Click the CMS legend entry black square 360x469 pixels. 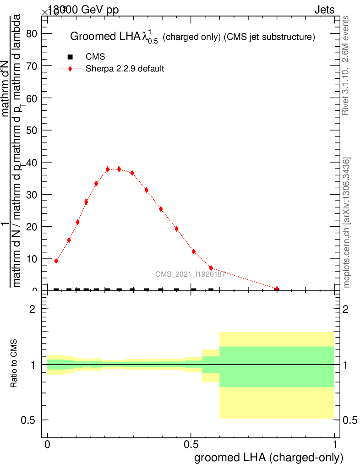tap(70, 57)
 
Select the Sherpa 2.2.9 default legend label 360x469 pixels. tap(125, 69)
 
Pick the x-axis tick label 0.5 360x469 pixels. tap(191, 445)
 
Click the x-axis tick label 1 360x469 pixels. tap(335, 445)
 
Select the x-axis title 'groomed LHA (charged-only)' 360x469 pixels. tap(269, 458)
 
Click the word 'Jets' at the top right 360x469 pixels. tap(324, 10)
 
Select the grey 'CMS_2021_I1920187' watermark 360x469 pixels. tap(189, 274)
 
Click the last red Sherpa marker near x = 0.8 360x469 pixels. tap(277, 289)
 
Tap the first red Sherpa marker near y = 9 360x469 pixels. tap(56, 261)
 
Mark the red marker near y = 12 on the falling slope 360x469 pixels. tap(194, 251)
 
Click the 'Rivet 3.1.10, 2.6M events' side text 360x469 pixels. tap(346, 65)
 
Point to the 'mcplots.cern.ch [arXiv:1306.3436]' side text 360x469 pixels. tap(347, 223)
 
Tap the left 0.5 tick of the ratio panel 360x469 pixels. tap(33, 420)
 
